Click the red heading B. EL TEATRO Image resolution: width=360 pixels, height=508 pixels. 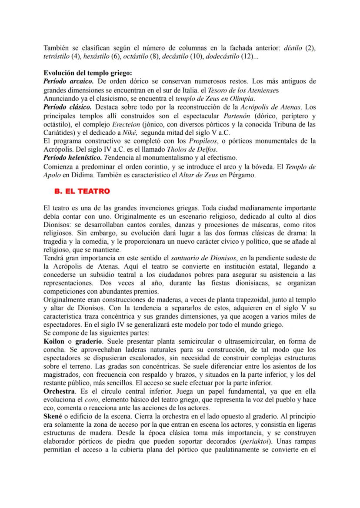click(x=82, y=191)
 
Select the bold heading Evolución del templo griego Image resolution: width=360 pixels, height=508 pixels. click(x=88, y=73)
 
